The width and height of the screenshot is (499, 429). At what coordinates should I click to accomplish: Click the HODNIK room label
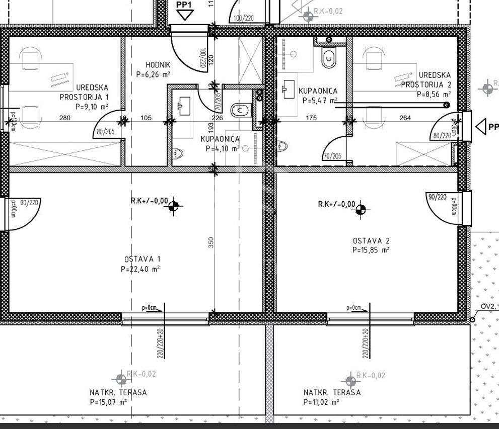(x=158, y=65)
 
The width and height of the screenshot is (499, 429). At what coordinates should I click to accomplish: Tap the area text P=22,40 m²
(x=140, y=269)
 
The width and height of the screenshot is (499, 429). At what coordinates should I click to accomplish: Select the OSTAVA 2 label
(x=371, y=241)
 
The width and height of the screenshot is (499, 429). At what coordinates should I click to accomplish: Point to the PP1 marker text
(x=184, y=5)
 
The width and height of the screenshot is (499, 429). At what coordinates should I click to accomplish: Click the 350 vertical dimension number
(x=211, y=242)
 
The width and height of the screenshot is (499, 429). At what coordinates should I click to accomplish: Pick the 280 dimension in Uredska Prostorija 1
(x=64, y=118)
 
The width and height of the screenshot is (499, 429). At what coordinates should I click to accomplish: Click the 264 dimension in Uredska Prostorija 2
(x=405, y=118)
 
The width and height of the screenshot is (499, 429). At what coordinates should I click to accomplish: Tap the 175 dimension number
(x=311, y=118)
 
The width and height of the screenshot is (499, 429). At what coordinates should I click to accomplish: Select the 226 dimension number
(x=217, y=118)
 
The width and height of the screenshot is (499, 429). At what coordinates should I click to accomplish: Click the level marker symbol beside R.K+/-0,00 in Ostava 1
(x=174, y=205)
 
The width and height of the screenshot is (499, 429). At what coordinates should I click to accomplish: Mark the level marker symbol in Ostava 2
(x=361, y=209)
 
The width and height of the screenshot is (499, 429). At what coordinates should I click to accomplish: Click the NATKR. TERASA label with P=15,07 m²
(x=118, y=392)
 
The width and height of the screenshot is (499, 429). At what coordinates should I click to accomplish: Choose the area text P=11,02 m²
(x=321, y=402)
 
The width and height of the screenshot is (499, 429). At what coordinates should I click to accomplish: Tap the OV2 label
(x=487, y=306)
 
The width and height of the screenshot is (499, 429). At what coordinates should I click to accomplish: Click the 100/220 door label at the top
(x=244, y=19)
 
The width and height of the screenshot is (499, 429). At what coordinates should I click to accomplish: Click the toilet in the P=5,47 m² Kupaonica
(x=329, y=58)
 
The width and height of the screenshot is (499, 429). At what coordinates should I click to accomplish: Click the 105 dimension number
(x=146, y=118)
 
